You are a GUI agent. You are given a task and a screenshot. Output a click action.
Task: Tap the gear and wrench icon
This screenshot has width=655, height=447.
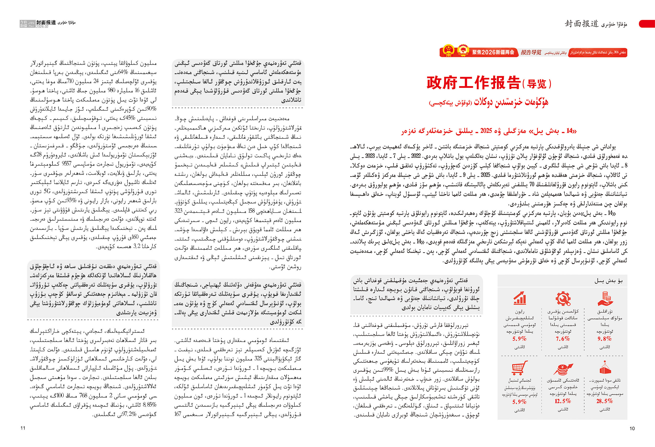pyautogui.click(x=563, y=298)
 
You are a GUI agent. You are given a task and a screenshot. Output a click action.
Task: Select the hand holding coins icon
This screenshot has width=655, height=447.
pyautogui.click(x=605, y=299)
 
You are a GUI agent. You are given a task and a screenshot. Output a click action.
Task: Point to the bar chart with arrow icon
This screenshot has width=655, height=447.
pyautogui.click(x=520, y=298)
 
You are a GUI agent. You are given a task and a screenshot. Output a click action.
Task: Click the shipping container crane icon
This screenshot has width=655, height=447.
pyautogui.click(x=605, y=368)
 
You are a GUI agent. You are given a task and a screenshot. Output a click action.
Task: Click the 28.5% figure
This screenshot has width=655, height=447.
pyautogui.click(x=604, y=401)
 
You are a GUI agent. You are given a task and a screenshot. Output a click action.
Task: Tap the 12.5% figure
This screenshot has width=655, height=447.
pyautogui.click(x=563, y=401)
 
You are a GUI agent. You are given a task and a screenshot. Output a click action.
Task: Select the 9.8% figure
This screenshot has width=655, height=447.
pyautogui.click(x=604, y=339)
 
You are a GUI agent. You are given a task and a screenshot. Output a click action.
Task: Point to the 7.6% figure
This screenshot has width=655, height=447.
pyautogui.click(x=563, y=339)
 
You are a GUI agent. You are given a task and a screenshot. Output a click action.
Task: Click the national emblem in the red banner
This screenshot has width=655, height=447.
pyautogui.click(x=448, y=51)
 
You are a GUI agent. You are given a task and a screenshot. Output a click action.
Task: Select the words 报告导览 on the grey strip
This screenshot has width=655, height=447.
pyautogui.click(x=531, y=52)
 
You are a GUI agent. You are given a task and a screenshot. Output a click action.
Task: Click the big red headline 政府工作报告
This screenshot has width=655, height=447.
pyautogui.click(x=473, y=83)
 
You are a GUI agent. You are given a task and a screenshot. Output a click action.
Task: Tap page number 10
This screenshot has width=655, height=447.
pyautogui.click(x=632, y=428)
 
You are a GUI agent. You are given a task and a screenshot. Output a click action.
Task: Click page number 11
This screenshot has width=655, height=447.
pyautogui.click(x=23, y=428)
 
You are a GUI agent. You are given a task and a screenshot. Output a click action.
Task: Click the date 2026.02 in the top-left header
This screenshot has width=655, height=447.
pyautogui.click(x=42, y=26)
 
